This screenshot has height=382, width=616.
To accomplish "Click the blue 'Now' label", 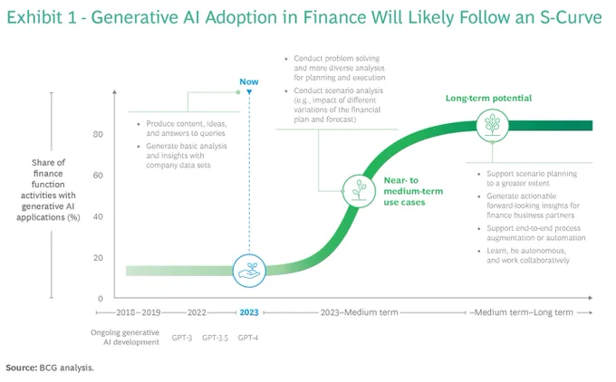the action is (x=249, y=81).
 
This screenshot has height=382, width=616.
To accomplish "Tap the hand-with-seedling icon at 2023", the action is (x=249, y=271).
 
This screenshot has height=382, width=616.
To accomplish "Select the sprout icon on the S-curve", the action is (x=359, y=191).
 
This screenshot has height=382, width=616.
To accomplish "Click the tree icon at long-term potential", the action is (x=492, y=125).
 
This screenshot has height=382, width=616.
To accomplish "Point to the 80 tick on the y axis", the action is (x=98, y=134).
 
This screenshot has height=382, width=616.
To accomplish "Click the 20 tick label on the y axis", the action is (x=98, y=258).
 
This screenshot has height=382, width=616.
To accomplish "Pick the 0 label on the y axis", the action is (x=101, y=299).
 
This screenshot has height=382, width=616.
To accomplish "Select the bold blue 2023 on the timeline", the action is (x=249, y=312).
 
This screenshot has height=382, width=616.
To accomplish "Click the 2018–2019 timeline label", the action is (x=139, y=312).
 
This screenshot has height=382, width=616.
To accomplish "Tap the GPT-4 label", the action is (x=248, y=338).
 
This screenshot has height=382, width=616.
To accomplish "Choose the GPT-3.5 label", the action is (x=215, y=338).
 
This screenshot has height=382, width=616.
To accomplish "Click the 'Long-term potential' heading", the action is (x=488, y=98).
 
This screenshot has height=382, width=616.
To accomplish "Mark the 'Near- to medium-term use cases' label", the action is (x=413, y=191).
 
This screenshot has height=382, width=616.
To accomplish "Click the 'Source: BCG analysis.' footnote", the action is (x=50, y=368).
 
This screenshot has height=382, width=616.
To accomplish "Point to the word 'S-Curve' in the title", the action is (x=571, y=17).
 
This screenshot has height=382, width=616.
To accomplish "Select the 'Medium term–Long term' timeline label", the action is (x=524, y=312).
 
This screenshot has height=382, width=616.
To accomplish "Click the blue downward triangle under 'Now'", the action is (x=249, y=92).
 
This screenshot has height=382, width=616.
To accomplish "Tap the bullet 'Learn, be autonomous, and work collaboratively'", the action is (x=527, y=255).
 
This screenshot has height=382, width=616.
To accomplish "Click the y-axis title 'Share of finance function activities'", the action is (x=48, y=189).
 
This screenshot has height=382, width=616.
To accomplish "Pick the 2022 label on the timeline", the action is (x=197, y=312).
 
